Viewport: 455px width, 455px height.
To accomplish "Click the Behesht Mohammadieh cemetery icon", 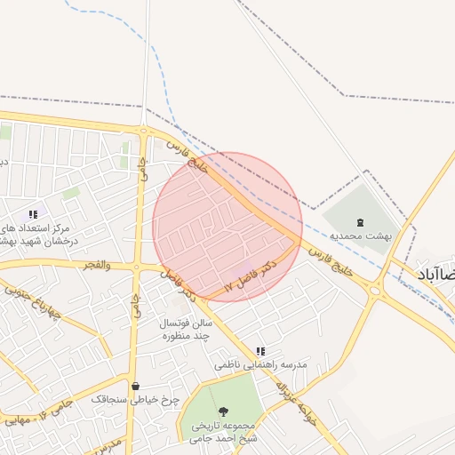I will click(359, 222).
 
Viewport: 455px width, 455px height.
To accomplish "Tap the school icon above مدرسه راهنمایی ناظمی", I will click(260, 352).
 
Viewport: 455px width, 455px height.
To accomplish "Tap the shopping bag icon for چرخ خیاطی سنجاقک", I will click(135, 386).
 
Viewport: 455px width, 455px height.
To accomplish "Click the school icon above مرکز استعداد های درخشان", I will click(33, 214).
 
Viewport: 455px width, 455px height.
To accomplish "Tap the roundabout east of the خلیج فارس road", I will click(375, 290).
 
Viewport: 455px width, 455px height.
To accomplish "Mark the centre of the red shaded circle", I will click(227, 226).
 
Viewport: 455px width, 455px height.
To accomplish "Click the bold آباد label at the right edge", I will click(436, 275).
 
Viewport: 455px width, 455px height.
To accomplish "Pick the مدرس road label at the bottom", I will click(105, 443).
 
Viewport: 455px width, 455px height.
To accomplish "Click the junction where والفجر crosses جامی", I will click(137, 266).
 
